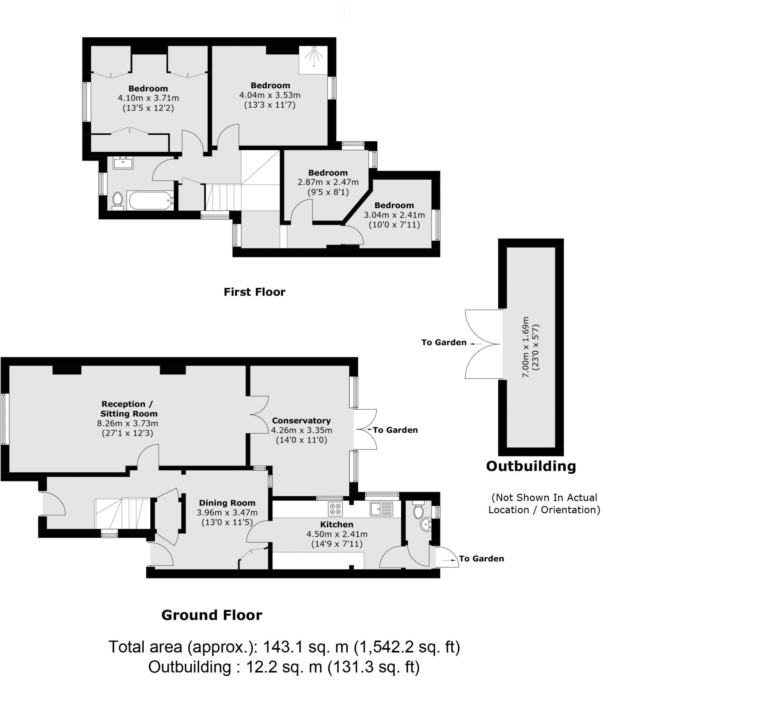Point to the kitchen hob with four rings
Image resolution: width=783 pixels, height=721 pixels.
[x=335, y=509]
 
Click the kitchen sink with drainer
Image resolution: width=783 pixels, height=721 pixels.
[x=381, y=509]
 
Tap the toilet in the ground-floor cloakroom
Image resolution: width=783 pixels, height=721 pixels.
[x=419, y=510]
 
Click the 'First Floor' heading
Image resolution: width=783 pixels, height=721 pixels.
[x=254, y=292]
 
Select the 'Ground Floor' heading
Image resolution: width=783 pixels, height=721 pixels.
[x=211, y=615]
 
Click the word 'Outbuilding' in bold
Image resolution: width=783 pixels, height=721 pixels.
[x=530, y=466]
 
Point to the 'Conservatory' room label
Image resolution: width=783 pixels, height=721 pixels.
[x=301, y=421]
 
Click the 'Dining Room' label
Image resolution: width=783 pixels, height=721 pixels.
[x=227, y=503]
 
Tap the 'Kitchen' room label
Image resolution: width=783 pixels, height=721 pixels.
[x=336, y=524]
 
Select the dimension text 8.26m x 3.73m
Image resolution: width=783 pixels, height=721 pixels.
[x=128, y=423]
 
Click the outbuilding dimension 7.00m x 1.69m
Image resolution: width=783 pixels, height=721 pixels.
[x=525, y=347]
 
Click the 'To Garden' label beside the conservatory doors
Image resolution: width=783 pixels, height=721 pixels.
[x=395, y=430]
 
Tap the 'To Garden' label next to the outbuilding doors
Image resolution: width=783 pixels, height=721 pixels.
[x=444, y=342]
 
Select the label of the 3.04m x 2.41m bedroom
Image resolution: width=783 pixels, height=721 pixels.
[x=394, y=205]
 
